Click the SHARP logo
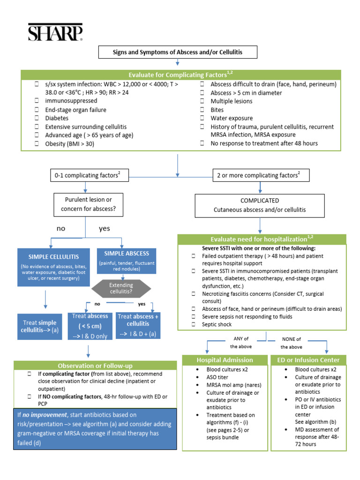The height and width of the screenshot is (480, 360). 55,33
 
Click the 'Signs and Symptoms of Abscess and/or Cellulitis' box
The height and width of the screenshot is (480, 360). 177,52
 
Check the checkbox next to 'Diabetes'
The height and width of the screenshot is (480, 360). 37,119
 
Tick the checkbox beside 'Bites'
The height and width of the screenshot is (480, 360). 202,110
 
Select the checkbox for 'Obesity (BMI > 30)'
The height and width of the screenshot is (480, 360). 37,144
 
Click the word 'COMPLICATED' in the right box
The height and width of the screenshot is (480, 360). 260,200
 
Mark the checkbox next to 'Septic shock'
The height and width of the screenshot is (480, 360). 194,324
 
